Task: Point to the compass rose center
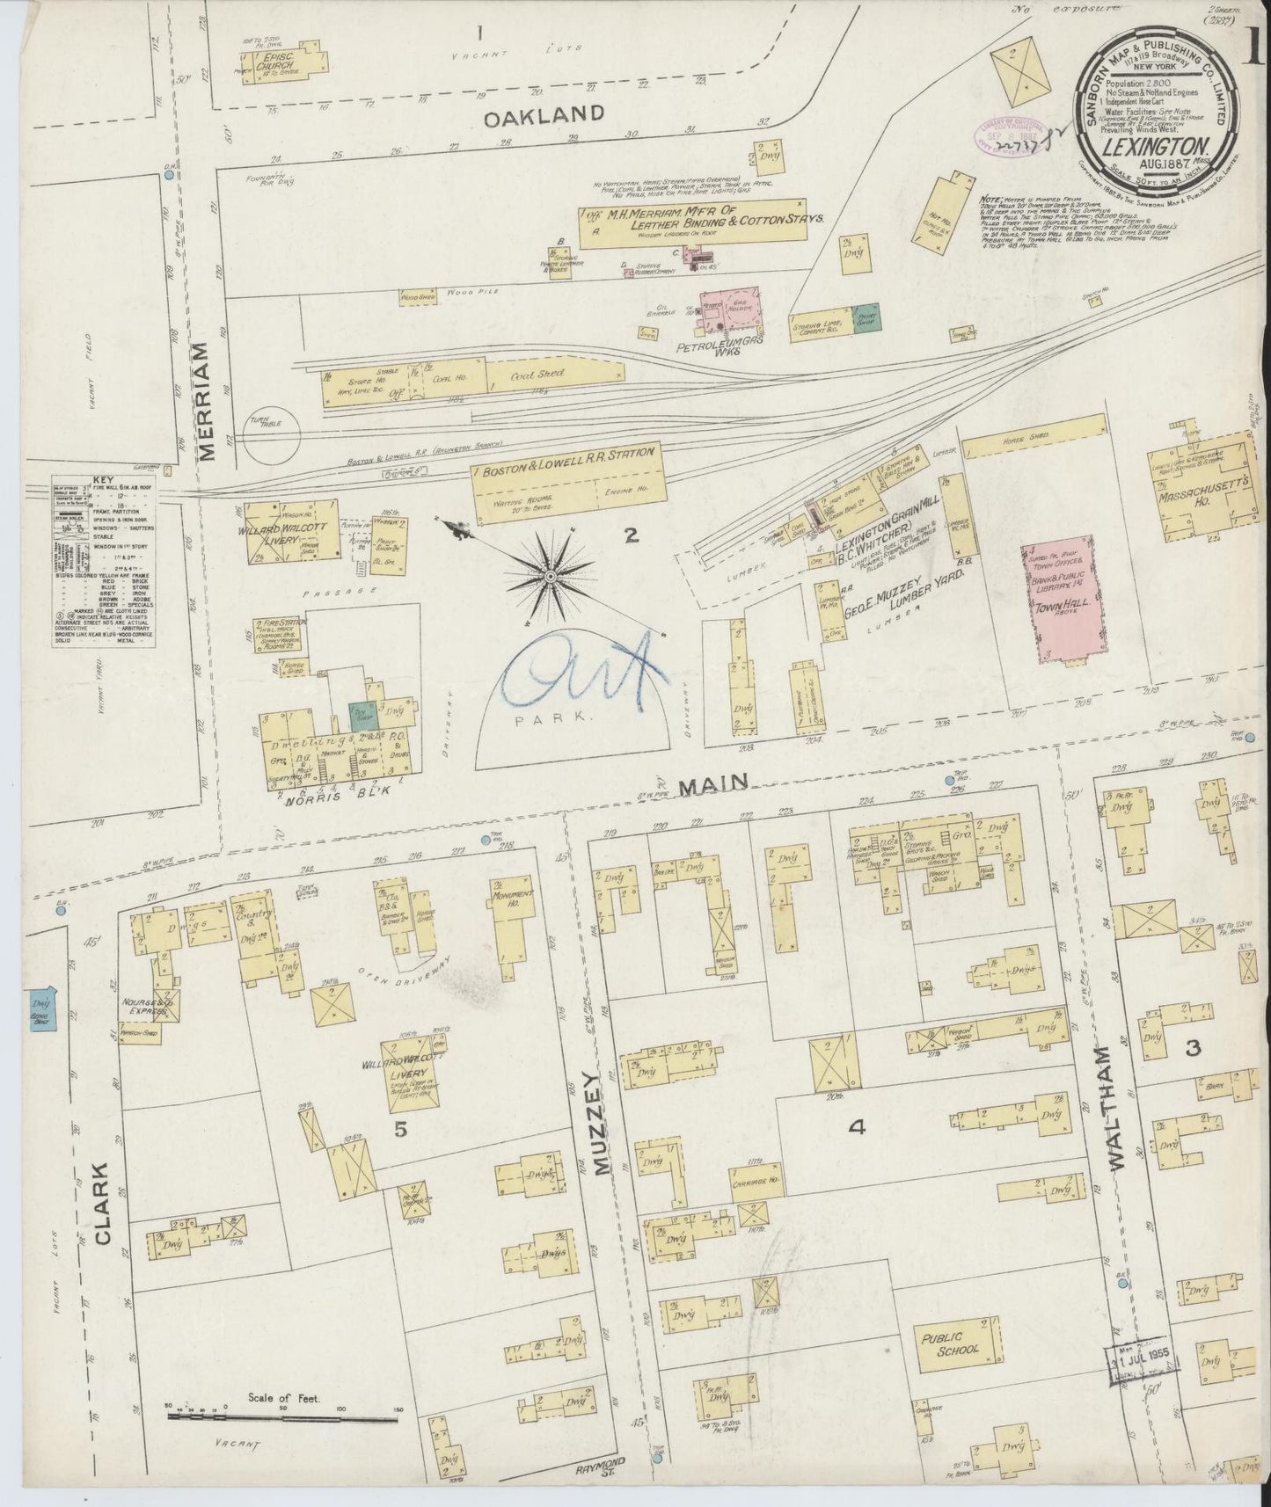coord(551,575)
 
